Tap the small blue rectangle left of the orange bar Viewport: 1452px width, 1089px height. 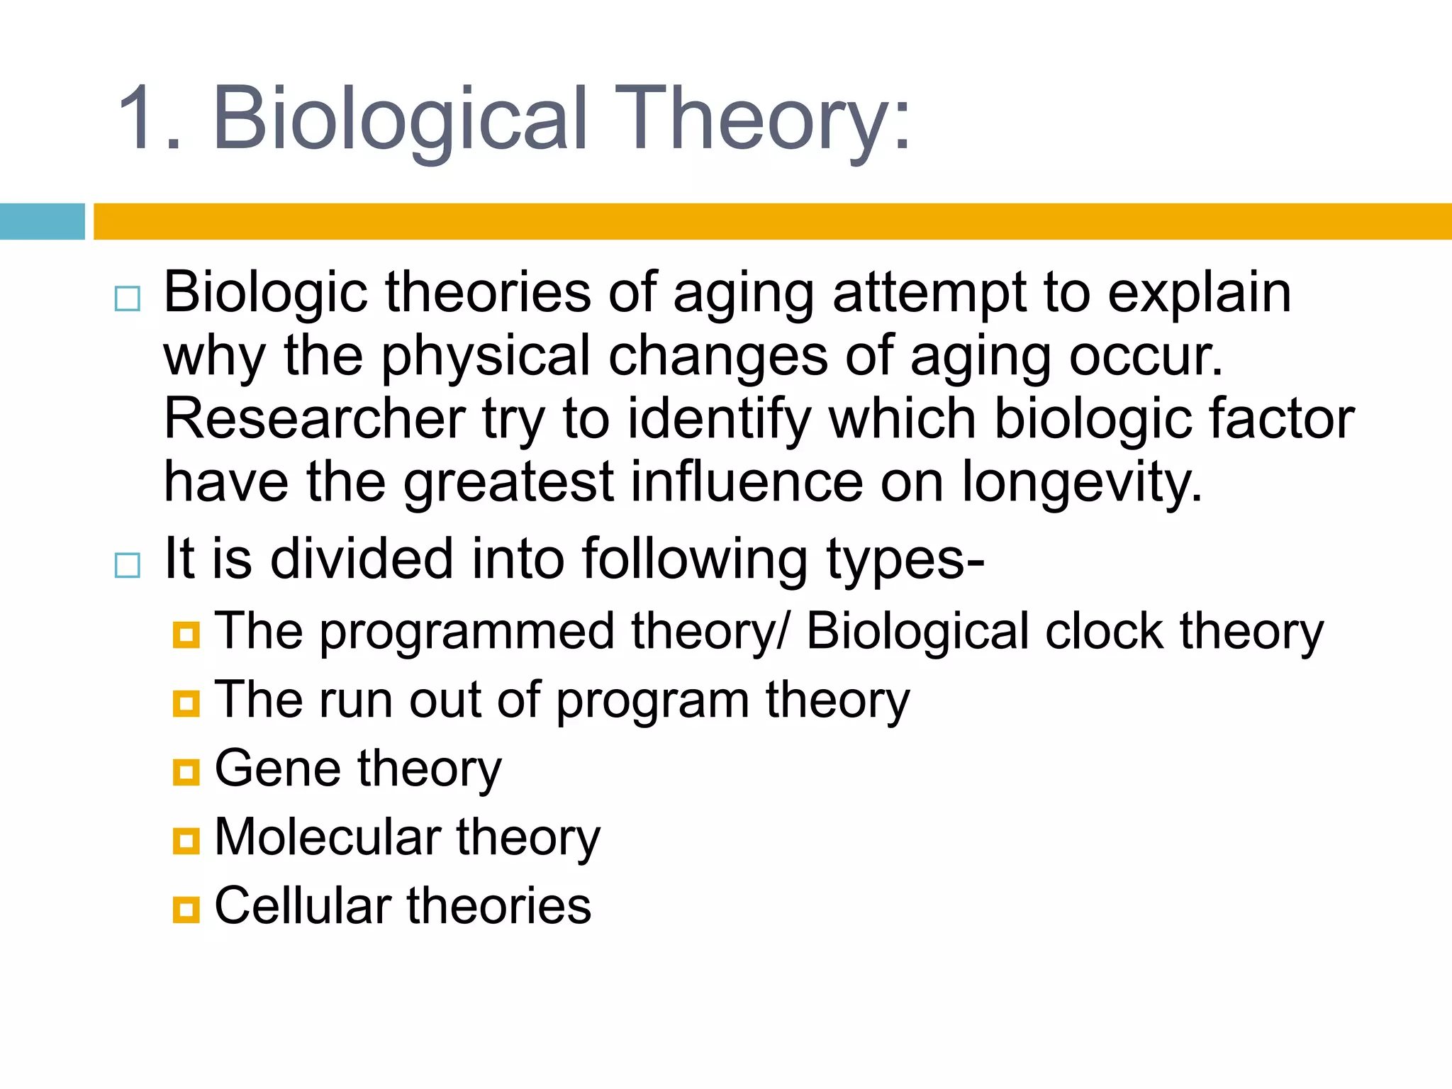[42, 221]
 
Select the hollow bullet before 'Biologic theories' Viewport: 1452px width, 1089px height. [128, 298]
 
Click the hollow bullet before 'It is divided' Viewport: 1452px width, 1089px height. [128, 565]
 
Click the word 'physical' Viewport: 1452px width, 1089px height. [485, 357]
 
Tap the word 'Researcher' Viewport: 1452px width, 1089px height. [314, 419]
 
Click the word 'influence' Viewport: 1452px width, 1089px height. [746, 481]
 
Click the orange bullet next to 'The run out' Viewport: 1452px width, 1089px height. [186, 703]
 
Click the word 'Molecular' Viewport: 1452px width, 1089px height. [327, 837]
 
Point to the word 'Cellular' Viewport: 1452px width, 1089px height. [303, 906]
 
